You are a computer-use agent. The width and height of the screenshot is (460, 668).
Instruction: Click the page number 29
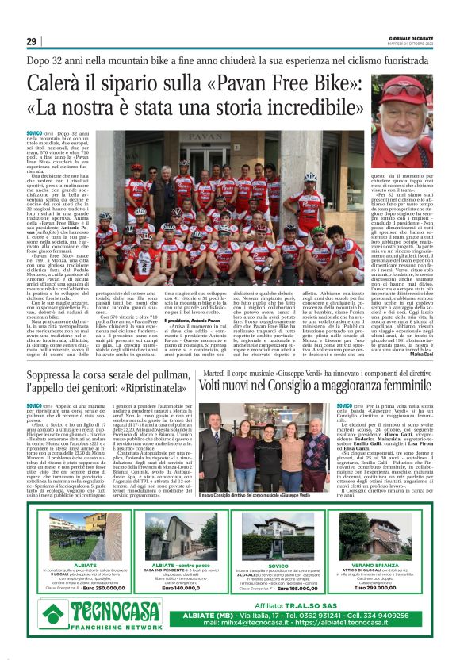tap(31, 41)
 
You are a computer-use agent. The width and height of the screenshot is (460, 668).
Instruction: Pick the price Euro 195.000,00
tap(280, 588)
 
